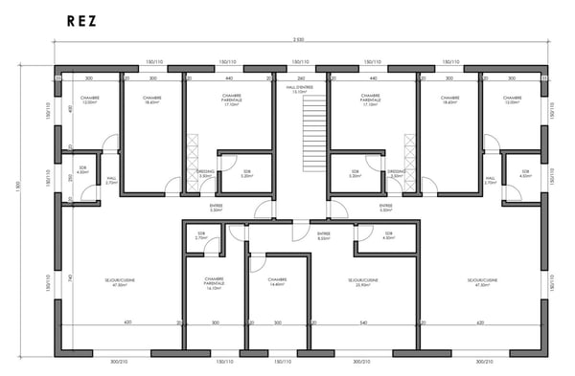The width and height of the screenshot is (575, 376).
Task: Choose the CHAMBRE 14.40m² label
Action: [x=279, y=282]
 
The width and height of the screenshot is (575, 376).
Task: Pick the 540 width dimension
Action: [x=363, y=323]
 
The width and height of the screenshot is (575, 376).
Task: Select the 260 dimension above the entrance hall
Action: [x=300, y=78]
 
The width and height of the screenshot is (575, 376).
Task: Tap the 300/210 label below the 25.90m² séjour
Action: [x=362, y=362]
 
